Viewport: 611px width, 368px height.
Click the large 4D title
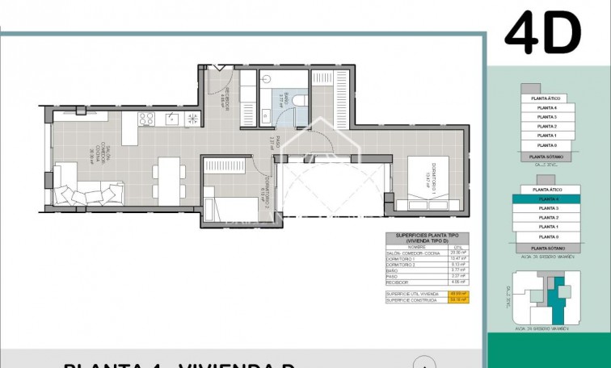(543, 33)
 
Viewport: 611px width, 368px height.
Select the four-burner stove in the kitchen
(146, 119)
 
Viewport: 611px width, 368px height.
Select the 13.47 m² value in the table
(461, 258)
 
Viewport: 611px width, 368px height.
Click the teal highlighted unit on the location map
(556, 298)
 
